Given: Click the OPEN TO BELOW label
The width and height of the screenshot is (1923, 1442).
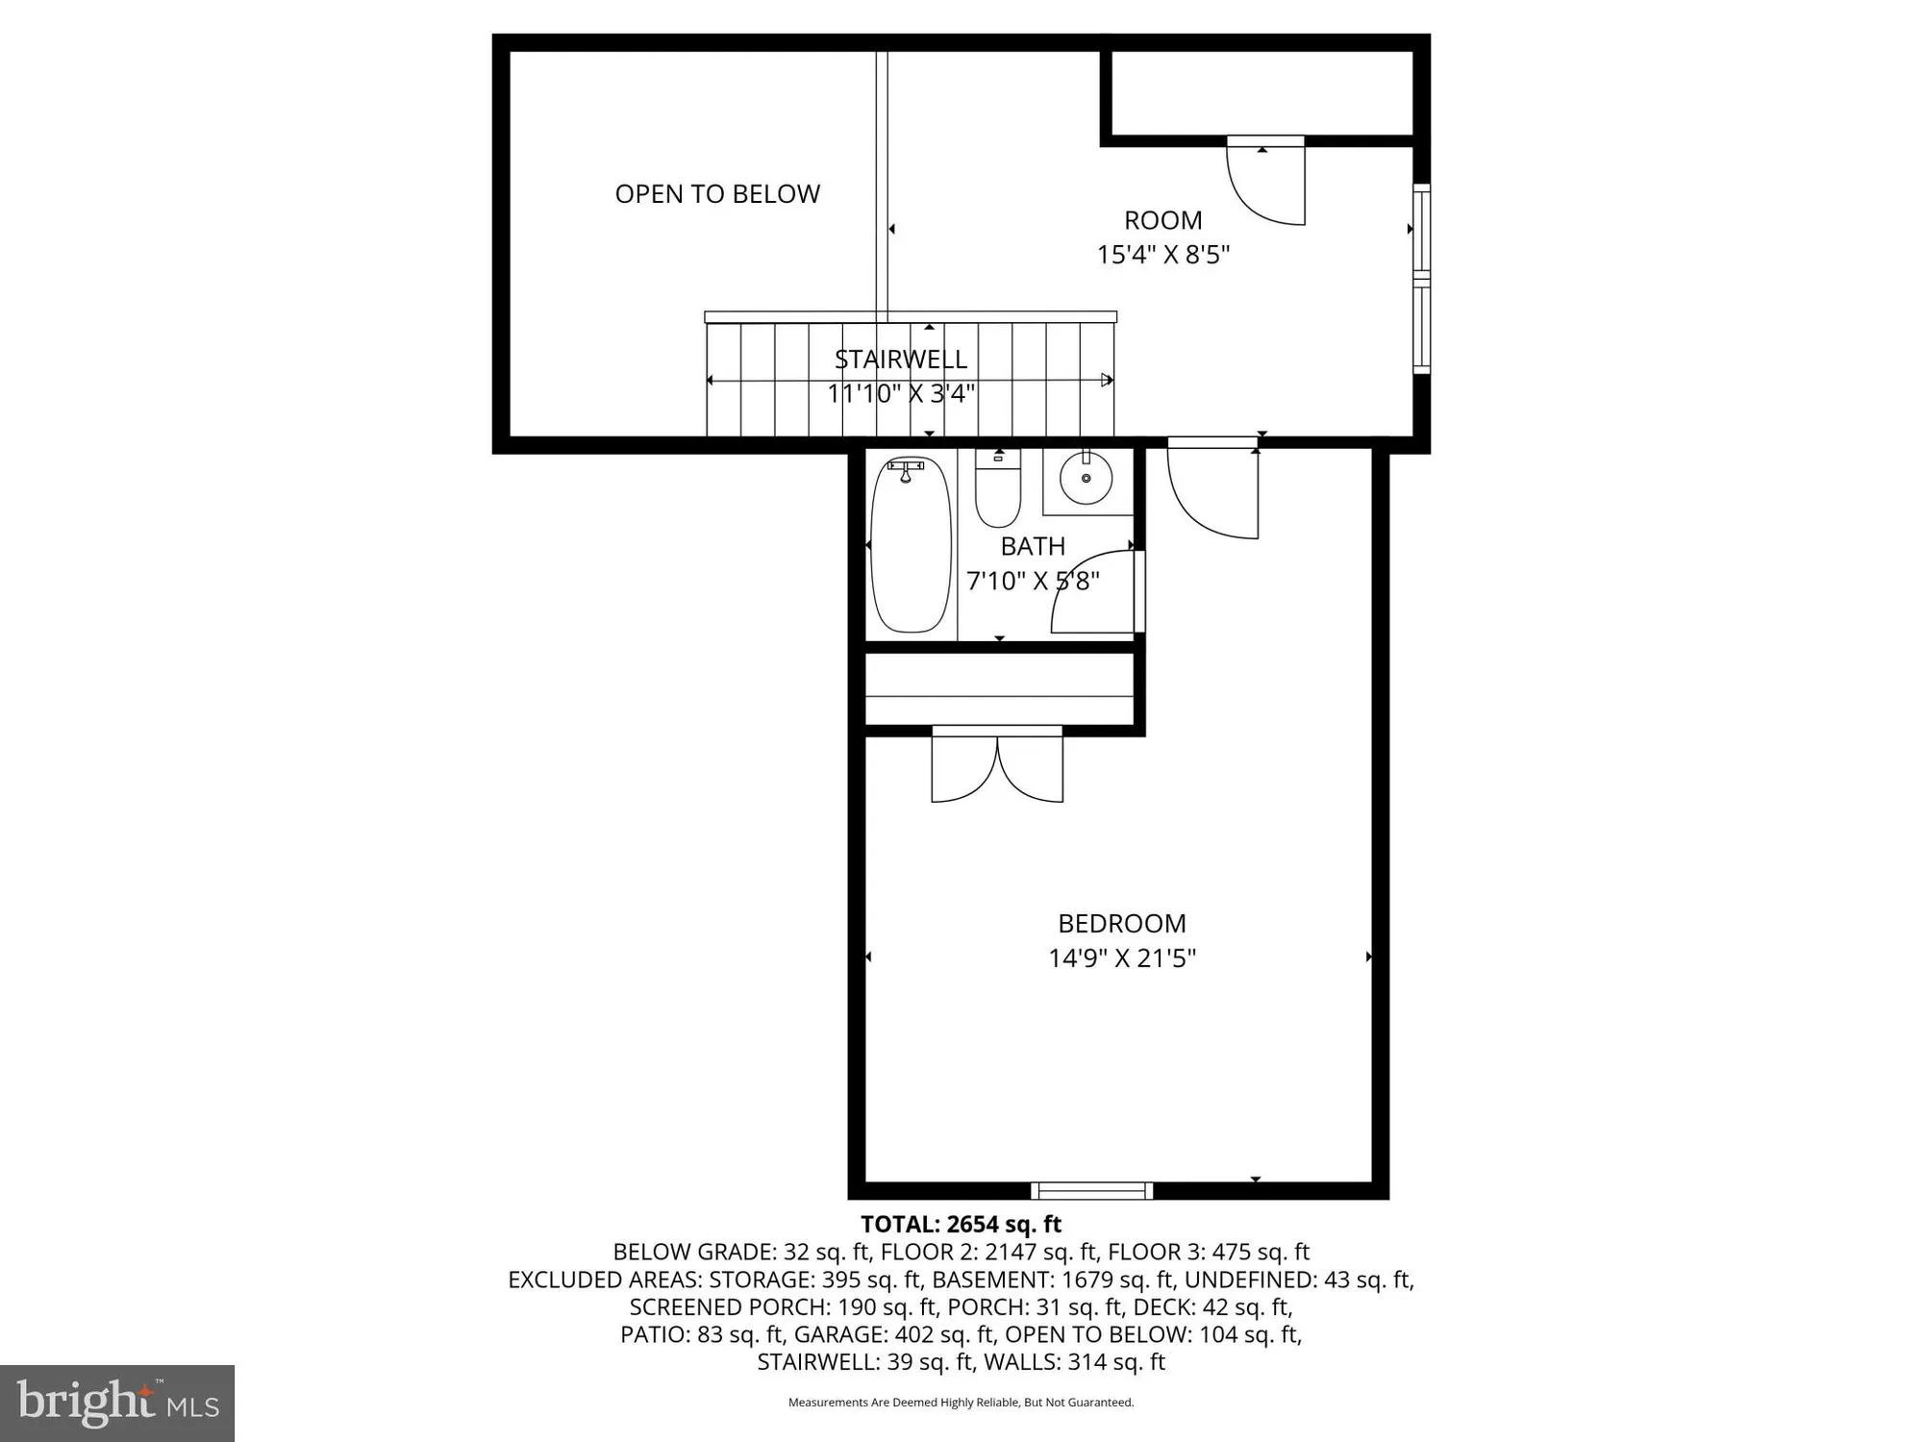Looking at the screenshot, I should [717, 194].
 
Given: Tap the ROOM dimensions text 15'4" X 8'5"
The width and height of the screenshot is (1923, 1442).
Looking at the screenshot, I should [1163, 255].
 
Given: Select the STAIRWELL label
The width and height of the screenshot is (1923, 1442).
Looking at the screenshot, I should [901, 360].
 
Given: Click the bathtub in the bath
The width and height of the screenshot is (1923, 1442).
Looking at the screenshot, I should [911, 545].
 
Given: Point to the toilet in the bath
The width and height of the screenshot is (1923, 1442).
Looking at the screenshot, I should [998, 490].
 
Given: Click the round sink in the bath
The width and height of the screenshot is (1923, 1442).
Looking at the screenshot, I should [1086, 478].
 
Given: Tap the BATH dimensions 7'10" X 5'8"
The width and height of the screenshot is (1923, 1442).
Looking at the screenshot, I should [1033, 581].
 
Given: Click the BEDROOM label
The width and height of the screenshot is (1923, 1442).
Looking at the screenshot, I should [1122, 924].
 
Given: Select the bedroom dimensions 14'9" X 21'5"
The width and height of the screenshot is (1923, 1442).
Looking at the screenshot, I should [1122, 958].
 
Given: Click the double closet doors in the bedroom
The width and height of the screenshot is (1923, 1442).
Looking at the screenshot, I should [997, 765].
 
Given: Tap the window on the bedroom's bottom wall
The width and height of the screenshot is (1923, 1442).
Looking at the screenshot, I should [1091, 1191].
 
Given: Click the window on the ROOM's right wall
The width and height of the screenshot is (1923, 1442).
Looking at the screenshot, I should [1421, 279].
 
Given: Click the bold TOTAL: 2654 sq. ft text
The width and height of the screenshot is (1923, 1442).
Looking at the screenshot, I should [961, 1224].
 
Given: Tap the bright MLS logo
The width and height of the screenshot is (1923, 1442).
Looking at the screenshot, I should [117, 1403].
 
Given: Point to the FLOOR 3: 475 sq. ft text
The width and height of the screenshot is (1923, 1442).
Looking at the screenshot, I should [1209, 1252].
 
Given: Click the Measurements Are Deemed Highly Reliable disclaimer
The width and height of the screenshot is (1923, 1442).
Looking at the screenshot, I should [961, 1403].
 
